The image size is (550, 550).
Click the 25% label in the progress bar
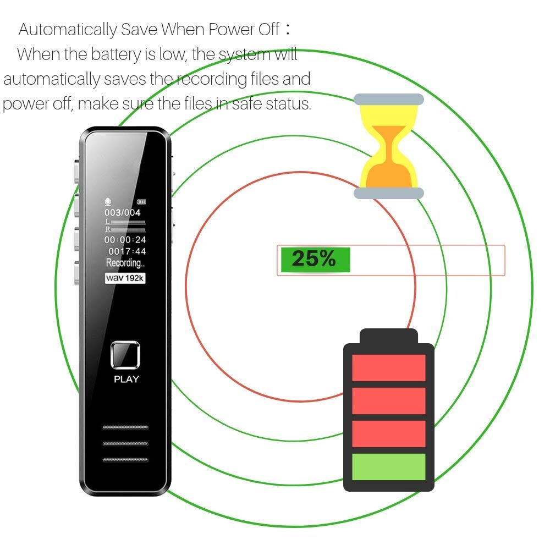(x=313, y=258)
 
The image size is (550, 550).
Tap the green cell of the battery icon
(x=389, y=466)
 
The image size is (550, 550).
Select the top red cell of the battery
(x=389, y=367)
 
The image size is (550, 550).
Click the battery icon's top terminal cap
(x=389, y=336)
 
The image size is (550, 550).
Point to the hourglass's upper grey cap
(x=389, y=99)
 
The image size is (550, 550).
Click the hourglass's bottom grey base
(x=389, y=193)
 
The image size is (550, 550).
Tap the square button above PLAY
(x=125, y=355)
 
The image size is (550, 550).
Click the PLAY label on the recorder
(x=127, y=379)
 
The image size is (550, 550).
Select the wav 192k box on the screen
(x=125, y=278)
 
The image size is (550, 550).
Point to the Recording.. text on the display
(x=125, y=263)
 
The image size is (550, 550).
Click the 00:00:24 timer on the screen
(x=125, y=240)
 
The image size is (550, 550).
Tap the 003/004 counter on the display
(x=123, y=212)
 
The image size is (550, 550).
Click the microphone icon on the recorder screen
(x=108, y=202)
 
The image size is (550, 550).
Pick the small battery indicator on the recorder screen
(x=141, y=202)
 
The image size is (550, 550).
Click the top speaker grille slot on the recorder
(x=125, y=427)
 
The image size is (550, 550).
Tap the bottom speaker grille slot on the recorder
(x=125, y=460)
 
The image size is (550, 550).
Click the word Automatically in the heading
(x=68, y=30)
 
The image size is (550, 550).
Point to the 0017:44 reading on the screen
(x=127, y=251)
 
